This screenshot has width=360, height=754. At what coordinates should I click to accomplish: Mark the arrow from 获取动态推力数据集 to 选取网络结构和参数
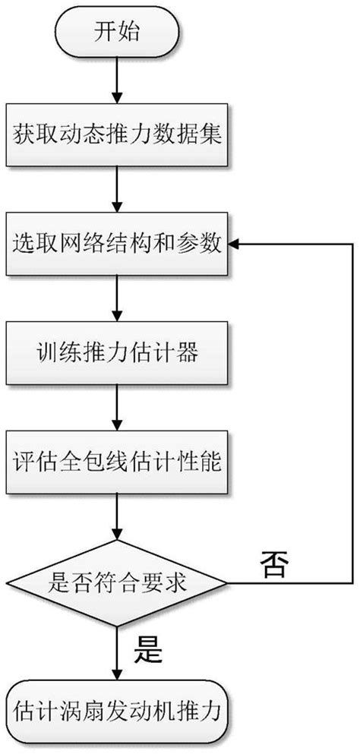tap(115, 191)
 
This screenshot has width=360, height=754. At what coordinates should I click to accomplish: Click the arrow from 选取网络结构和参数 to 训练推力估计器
tap(115, 298)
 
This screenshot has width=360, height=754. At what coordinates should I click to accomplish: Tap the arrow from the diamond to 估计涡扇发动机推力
tap(115, 655)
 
